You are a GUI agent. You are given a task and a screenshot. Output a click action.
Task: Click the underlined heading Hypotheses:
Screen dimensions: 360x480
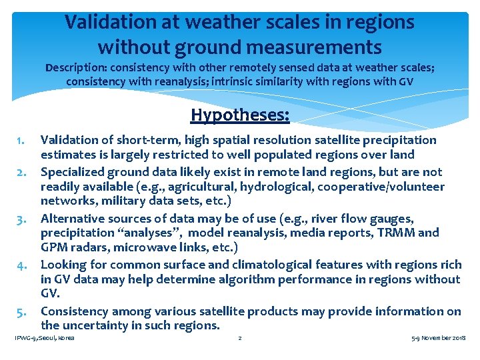(x=240, y=115)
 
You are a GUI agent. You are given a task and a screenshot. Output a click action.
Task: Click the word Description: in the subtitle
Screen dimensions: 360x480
(x=74, y=68)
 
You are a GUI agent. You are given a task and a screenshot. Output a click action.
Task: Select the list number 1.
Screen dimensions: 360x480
(x=21, y=140)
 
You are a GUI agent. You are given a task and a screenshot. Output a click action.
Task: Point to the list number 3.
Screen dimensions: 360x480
(x=21, y=218)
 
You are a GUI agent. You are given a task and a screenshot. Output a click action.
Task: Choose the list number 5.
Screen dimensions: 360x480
(x=21, y=311)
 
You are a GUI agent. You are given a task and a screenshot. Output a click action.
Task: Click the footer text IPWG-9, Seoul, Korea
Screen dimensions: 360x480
(x=44, y=339)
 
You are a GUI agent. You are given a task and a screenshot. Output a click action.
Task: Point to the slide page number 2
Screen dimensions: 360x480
(x=240, y=339)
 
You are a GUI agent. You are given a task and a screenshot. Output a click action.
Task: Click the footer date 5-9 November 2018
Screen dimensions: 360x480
(x=439, y=339)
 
